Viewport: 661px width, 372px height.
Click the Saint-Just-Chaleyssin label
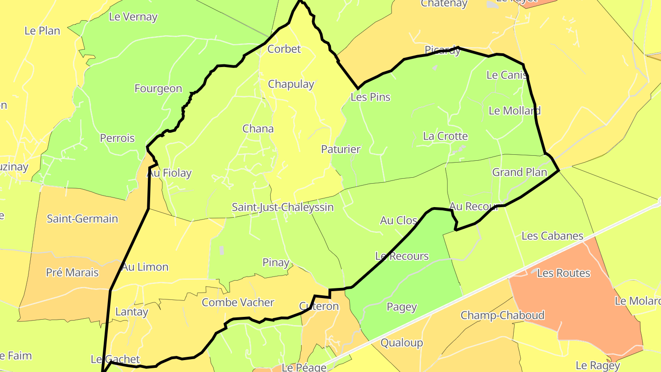tap(282, 207)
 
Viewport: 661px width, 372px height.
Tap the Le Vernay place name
tap(133, 17)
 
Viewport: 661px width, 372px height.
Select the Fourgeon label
tap(158, 89)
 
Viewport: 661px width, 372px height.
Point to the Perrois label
tap(118, 138)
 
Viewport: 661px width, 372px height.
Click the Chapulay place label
tap(291, 85)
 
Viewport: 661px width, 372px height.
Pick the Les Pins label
tap(370, 97)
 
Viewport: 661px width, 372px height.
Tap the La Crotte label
tap(445, 136)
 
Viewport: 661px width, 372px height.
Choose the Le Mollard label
tap(514, 111)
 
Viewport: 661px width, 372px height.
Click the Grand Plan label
tap(520, 172)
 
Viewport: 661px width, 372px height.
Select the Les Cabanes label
tap(552, 236)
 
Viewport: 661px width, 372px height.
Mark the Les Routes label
tap(563, 273)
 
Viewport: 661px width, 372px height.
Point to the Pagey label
tap(402, 307)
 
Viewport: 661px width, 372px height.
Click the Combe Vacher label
tap(238, 303)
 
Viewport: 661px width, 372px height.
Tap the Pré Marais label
tap(72, 273)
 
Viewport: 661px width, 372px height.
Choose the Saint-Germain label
tap(82, 219)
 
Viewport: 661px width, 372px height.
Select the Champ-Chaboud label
tap(503, 316)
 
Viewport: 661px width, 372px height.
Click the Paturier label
tap(341, 149)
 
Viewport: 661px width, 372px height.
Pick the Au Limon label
tap(145, 267)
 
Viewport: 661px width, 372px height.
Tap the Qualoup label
tap(402, 343)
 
